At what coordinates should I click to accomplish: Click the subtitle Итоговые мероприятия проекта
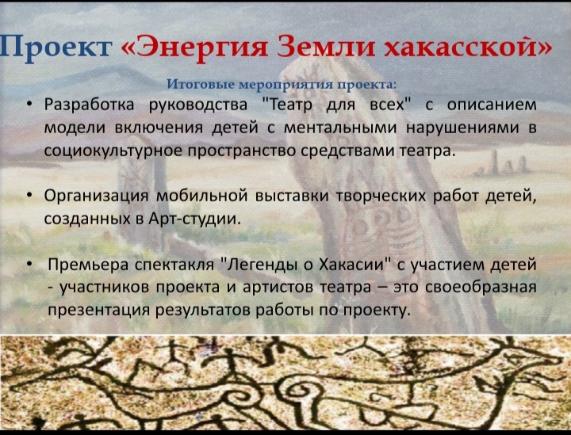[281, 85]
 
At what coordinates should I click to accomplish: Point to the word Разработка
[90, 105]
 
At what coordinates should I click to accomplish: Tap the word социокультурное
[113, 151]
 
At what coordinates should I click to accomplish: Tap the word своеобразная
[481, 288]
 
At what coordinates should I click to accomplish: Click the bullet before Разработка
[29, 105]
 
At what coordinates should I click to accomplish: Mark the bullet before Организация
[29, 196]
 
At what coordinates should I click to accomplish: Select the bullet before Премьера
[29, 264]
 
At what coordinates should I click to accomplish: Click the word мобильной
[201, 196]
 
